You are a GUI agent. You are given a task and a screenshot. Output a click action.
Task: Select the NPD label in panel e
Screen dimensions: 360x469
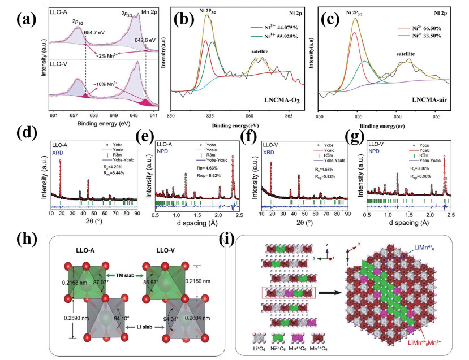(x=165, y=153)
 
